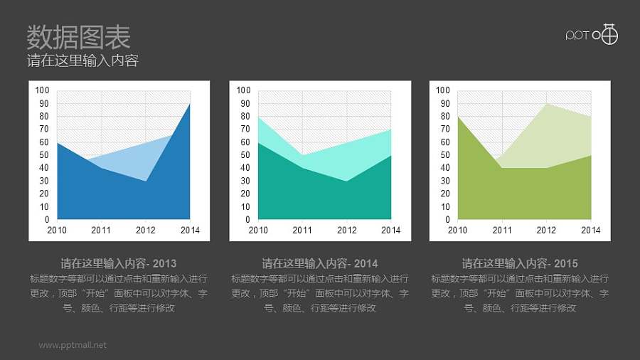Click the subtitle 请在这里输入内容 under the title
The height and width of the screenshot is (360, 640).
coord(82,60)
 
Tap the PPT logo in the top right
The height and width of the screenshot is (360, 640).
coord(592,35)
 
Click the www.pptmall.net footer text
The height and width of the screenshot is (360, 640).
coord(73,345)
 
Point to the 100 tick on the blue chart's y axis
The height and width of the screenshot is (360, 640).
coord(43,90)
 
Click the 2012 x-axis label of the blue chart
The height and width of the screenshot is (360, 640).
coord(146,230)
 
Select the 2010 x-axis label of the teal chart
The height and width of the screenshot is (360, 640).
coord(258,230)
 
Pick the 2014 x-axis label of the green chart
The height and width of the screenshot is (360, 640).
coord(590,230)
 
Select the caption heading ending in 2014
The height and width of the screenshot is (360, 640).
coord(320,263)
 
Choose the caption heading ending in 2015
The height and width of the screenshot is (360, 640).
coord(520,263)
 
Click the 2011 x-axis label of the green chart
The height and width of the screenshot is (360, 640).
coord(502,230)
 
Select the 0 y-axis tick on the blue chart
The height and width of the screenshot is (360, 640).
coord(47,220)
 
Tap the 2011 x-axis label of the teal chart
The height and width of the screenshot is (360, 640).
coord(302,230)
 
